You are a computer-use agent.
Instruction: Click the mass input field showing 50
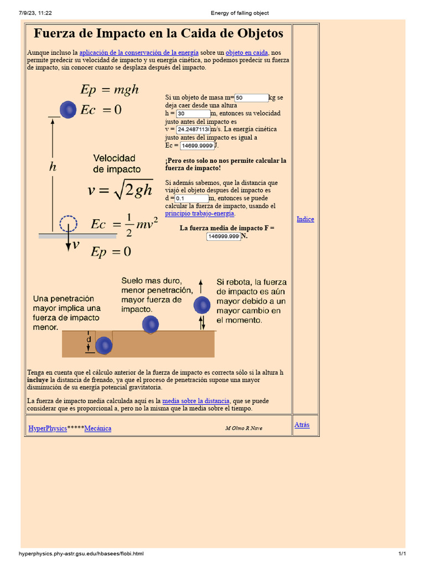click(x=251, y=98)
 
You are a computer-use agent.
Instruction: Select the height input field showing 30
click(x=193, y=114)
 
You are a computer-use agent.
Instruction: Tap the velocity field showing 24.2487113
click(x=193, y=130)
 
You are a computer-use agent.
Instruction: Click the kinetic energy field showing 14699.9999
click(x=196, y=146)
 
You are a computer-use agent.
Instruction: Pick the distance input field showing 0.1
click(x=191, y=198)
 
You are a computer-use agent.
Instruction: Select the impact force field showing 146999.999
click(x=223, y=236)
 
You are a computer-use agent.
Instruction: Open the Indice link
click(x=305, y=219)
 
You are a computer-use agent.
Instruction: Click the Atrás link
click(x=302, y=425)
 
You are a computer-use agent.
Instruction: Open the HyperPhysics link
click(x=48, y=429)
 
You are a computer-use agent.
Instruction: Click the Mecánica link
click(x=97, y=429)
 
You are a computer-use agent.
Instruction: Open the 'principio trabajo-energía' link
click(x=200, y=213)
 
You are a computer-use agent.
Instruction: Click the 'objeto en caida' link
click(x=247, y=53)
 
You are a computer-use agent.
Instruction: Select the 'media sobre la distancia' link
click(x=195, y=401)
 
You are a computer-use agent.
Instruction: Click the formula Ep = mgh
click(x=110, y=90)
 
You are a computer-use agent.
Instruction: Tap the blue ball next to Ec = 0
click(x=68, y=110)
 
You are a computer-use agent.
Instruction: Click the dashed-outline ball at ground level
click(x=68, y=224)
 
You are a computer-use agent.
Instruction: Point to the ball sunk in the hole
click(x=103, y=346)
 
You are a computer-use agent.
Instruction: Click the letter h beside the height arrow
click(x=53, y=167)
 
